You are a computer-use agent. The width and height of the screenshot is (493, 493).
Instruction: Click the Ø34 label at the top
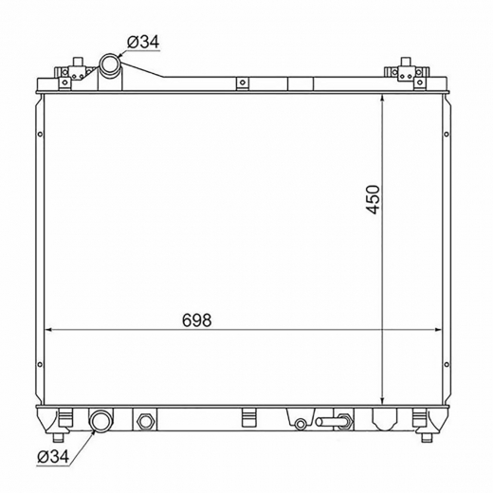coord(143,42)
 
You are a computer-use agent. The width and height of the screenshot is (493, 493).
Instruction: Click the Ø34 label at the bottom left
coord(53,456)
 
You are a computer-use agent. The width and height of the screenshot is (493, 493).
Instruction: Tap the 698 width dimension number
coord(196,320)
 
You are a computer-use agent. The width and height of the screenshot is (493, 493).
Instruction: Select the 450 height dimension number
coord(373,200)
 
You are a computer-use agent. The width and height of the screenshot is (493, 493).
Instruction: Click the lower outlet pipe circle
coord(101,421)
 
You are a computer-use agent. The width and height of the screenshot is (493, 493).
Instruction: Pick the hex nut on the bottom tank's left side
coord(145,421)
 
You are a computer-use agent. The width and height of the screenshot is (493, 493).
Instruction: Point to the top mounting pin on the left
coord(78,62)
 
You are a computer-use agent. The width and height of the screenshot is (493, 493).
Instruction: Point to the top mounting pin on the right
coord(406,62)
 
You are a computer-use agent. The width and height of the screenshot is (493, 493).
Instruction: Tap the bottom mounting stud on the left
coord(58,438)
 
